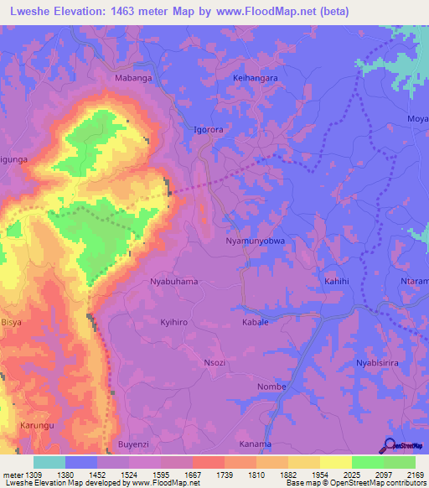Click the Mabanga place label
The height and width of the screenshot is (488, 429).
[x=133, y=78]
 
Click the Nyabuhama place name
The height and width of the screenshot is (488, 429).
[x=173, y=282]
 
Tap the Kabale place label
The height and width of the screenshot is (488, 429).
[x=255, y=322]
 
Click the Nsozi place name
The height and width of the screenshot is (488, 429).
[x=214, y=362]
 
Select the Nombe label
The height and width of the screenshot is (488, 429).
[x=271, y=387]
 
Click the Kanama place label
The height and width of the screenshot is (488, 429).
[x=255, y=444]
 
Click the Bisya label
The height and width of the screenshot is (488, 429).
[x=12, y=322]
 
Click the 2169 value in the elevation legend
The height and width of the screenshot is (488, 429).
[x=416, y=475]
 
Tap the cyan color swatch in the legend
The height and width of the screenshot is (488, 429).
[x=49, y=462]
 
